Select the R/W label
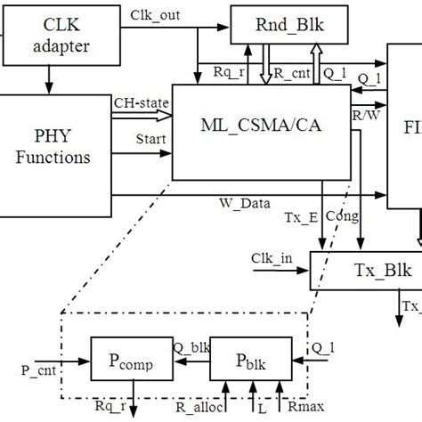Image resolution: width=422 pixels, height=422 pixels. click(x=364, y=114)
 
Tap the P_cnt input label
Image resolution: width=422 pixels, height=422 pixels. click(x=37, y=366)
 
